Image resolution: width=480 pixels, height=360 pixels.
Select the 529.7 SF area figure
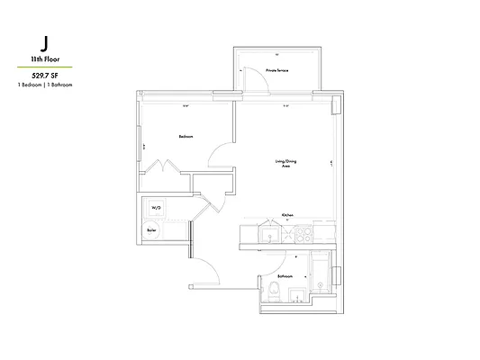(44, 75)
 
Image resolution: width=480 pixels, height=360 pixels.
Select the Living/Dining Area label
(287, 164)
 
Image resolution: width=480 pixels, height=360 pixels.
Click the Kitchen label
(288, 215)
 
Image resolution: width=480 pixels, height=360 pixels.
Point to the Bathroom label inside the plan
(285, 276)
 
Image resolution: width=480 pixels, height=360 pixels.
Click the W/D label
(155, 207)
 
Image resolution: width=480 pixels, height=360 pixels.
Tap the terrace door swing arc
(258, 79)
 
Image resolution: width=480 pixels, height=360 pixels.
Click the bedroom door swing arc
(220, 156)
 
